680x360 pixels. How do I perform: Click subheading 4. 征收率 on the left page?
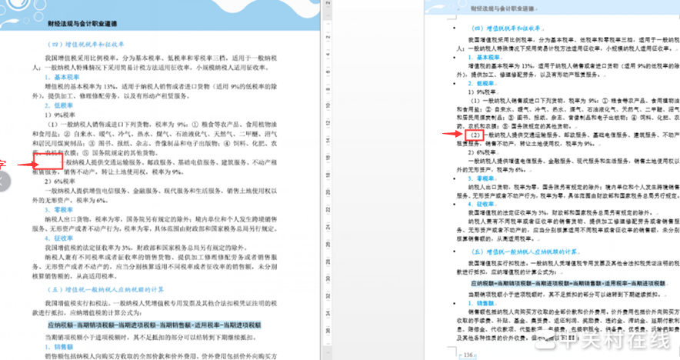coord(65,238)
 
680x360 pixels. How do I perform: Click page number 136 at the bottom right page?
coord(468,354)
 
